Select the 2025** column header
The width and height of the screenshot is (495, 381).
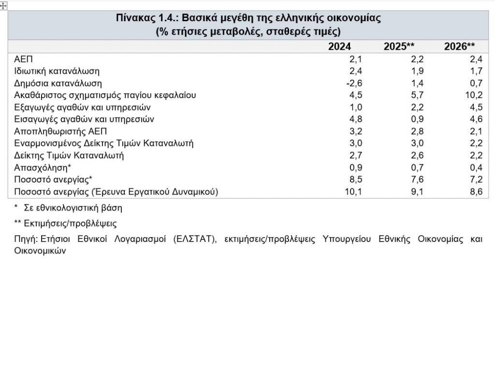[399, 47]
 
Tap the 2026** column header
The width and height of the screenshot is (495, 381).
[459, 47]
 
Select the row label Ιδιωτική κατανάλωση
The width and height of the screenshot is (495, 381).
[57, 71]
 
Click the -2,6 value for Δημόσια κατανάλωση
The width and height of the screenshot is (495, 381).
[354, 84]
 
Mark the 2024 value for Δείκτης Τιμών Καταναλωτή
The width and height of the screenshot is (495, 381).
[356, 155]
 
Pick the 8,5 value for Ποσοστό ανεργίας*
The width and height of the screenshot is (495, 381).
[356, 180]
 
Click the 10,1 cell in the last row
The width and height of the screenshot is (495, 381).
[354, 192]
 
